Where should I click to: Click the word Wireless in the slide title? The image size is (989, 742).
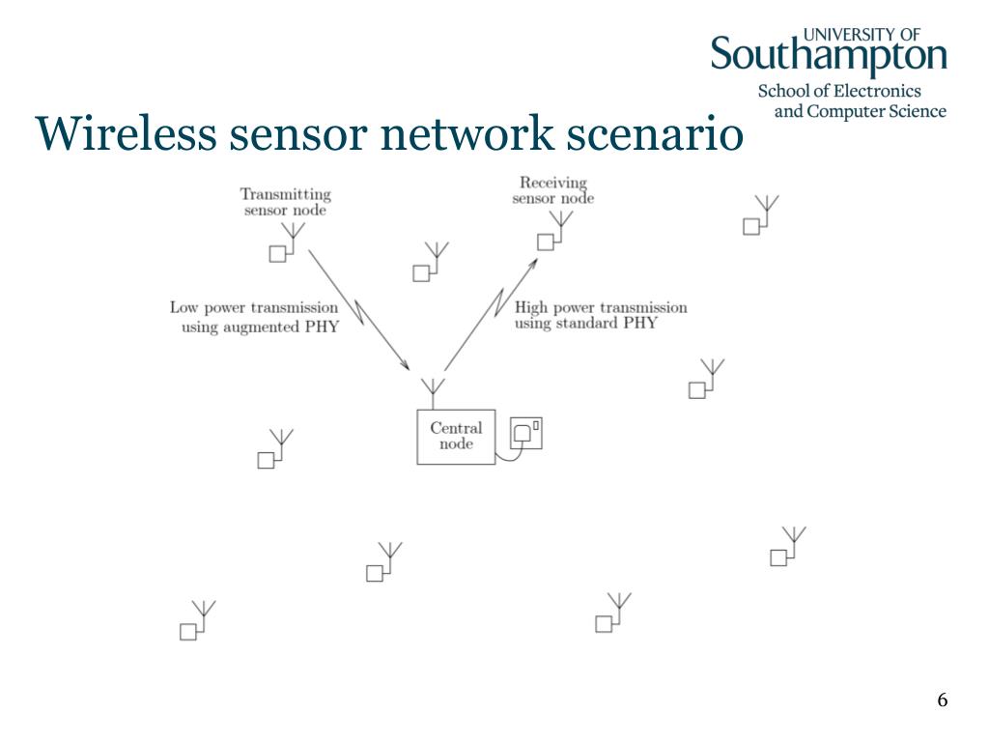pos(126,133)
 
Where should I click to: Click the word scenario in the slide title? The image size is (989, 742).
pos(655,133)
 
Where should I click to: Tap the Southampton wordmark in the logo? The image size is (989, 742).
pos(829,55)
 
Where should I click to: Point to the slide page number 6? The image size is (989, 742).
pos(943,699)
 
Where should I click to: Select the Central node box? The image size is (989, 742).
pos(456,437)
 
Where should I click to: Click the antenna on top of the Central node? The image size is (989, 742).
pos(433,393)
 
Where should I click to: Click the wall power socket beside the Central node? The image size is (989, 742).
pos(526,433)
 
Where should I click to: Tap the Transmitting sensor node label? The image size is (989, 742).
pos(286,202)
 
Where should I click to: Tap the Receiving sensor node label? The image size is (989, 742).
pos(553,190)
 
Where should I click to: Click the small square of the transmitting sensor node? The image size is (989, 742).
pos(277,254)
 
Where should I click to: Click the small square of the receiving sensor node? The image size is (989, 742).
pos(546,242)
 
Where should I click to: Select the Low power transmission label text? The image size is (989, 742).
pos(254,317)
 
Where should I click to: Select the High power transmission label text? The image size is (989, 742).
pos(601,315)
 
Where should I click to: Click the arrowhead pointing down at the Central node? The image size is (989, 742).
pos(405,364)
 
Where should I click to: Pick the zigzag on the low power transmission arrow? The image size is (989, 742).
pos(358,312)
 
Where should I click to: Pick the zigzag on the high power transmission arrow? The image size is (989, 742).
pos(501,301)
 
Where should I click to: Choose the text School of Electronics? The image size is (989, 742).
pos(839,91)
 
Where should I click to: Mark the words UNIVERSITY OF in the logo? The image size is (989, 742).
pos(862,35)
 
